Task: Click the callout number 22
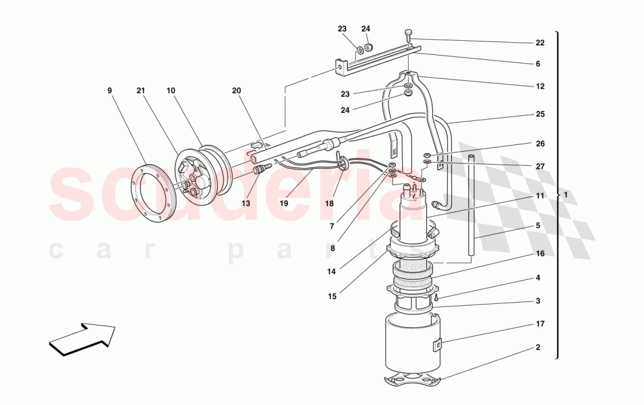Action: pyautogui.click(x=540, y=43)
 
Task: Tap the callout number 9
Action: pyautogui.click(x=109, y=90)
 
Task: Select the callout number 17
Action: pyautogui.click(x=540, y=324)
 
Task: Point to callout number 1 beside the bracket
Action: pyautogui.click(x=566, y=195)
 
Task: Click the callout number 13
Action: pyautogui.click(x=246, y=203)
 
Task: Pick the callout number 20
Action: pyautogui.click(x=237, y=91)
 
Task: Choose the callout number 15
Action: pyautogui.click(x=332, y=296)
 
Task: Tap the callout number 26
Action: pyautogui.click(x=540, y=143)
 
